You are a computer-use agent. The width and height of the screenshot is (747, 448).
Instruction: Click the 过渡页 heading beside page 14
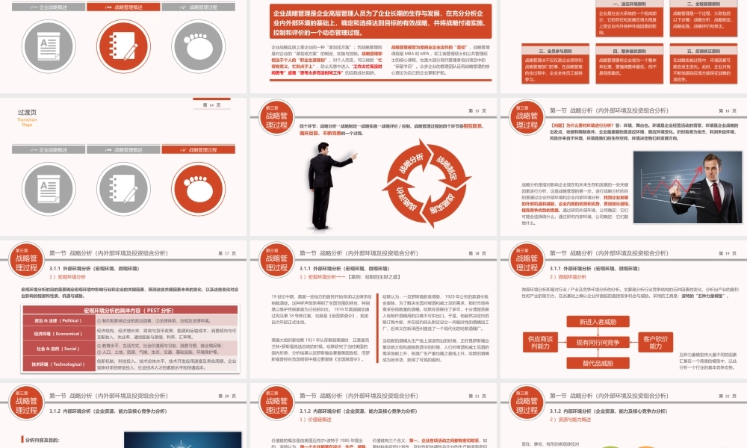[x=28, y=112]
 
